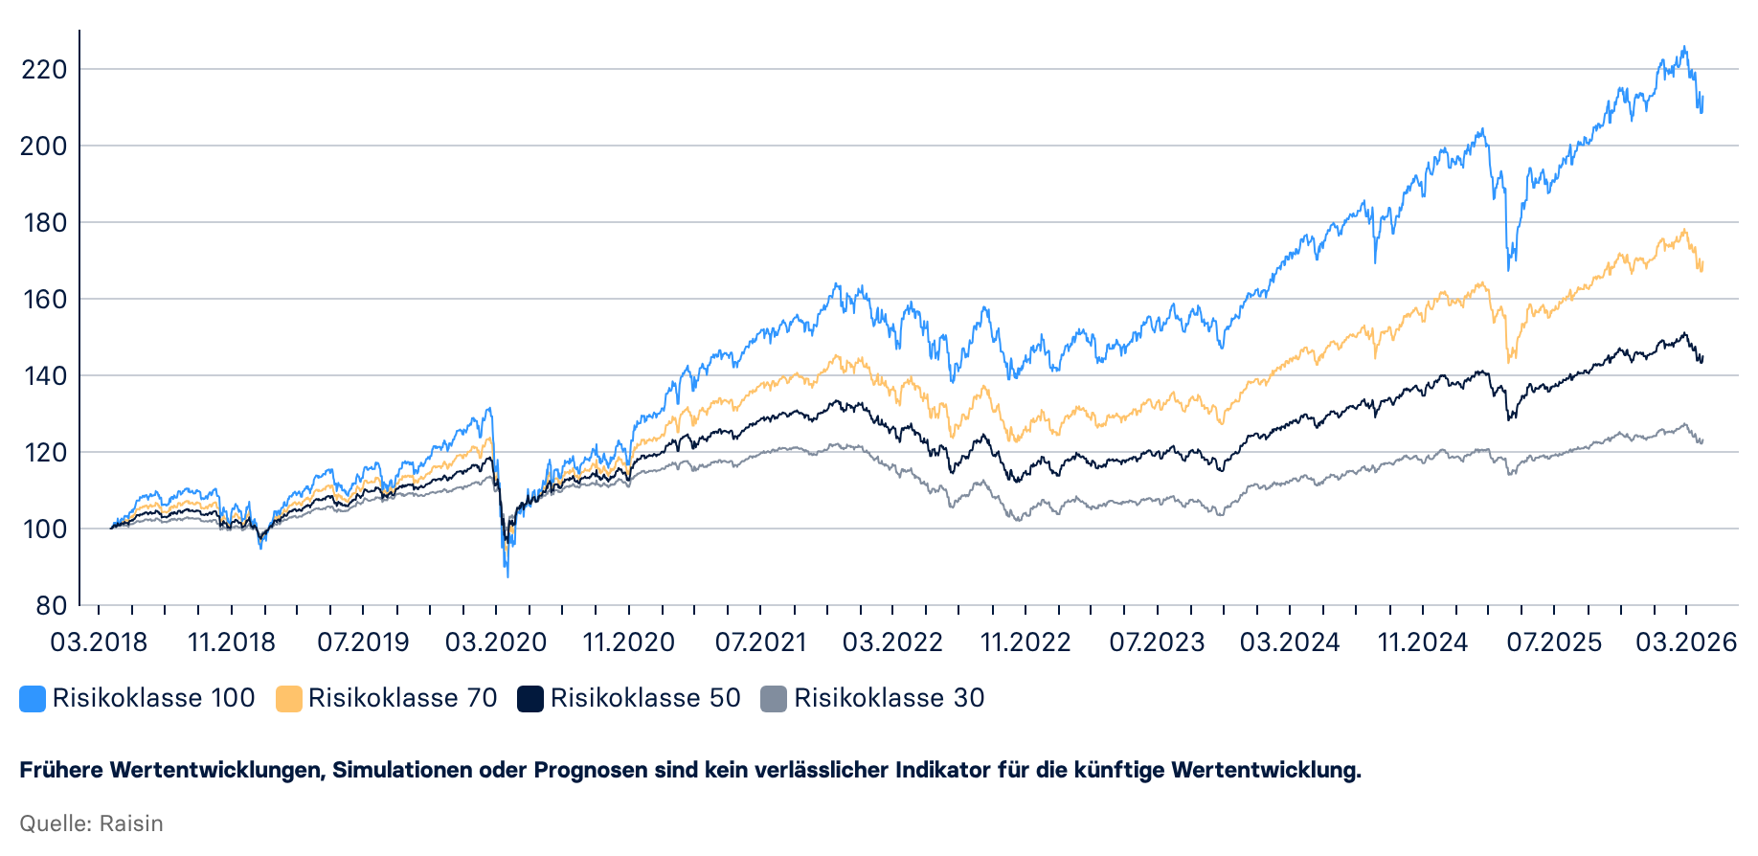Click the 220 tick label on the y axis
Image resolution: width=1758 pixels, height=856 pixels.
pos(44,69)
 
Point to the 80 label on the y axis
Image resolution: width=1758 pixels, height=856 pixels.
pos(51,605)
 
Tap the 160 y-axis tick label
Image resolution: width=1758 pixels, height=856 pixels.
pos(44,299)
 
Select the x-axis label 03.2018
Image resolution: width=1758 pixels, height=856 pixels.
pos(99,642)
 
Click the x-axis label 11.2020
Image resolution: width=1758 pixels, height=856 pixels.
pos(629,642)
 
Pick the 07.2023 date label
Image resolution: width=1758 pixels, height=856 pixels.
pos(1157,642)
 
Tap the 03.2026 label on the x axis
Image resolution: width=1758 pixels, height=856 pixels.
pos(1686,642)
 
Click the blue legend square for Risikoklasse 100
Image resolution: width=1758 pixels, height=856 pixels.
pos(33,699)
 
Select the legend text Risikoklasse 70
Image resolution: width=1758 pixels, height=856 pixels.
pos(402,698)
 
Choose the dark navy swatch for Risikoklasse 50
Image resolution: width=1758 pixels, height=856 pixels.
pos(530,699)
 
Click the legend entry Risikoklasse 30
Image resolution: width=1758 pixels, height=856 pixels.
pos(889,698)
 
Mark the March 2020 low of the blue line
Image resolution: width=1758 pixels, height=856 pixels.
pos(507,575)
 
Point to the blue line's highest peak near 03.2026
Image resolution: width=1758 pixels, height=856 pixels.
pos(1684,47)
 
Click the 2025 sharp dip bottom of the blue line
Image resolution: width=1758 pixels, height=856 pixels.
pos(1509,269)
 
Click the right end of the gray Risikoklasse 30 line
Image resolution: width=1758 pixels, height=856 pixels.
pos(1702,441)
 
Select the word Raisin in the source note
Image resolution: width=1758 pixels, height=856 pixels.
pos(131,823)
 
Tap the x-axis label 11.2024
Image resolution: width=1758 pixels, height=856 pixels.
pos(1422,642)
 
